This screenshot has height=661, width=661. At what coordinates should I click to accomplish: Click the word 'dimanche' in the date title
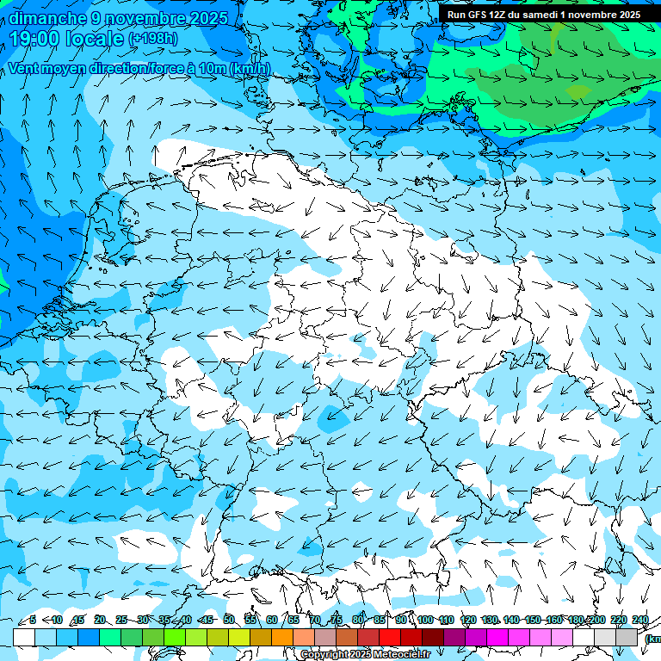click(x=46, y=18)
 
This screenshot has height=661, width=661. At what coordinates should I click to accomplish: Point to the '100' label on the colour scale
click(x=425, y=620)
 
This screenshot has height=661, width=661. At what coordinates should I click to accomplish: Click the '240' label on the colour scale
click(x=640, y=620)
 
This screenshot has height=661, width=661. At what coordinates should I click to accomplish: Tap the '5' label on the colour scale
click(x=33, y=620)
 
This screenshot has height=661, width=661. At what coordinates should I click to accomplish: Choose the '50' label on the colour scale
click(x=229, y=620)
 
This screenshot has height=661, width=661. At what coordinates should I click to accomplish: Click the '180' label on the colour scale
click(x=576, y=620)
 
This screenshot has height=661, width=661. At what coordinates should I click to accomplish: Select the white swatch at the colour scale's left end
click(x=24, y=637)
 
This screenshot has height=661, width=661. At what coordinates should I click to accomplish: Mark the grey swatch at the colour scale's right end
click(x=627, y=637)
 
